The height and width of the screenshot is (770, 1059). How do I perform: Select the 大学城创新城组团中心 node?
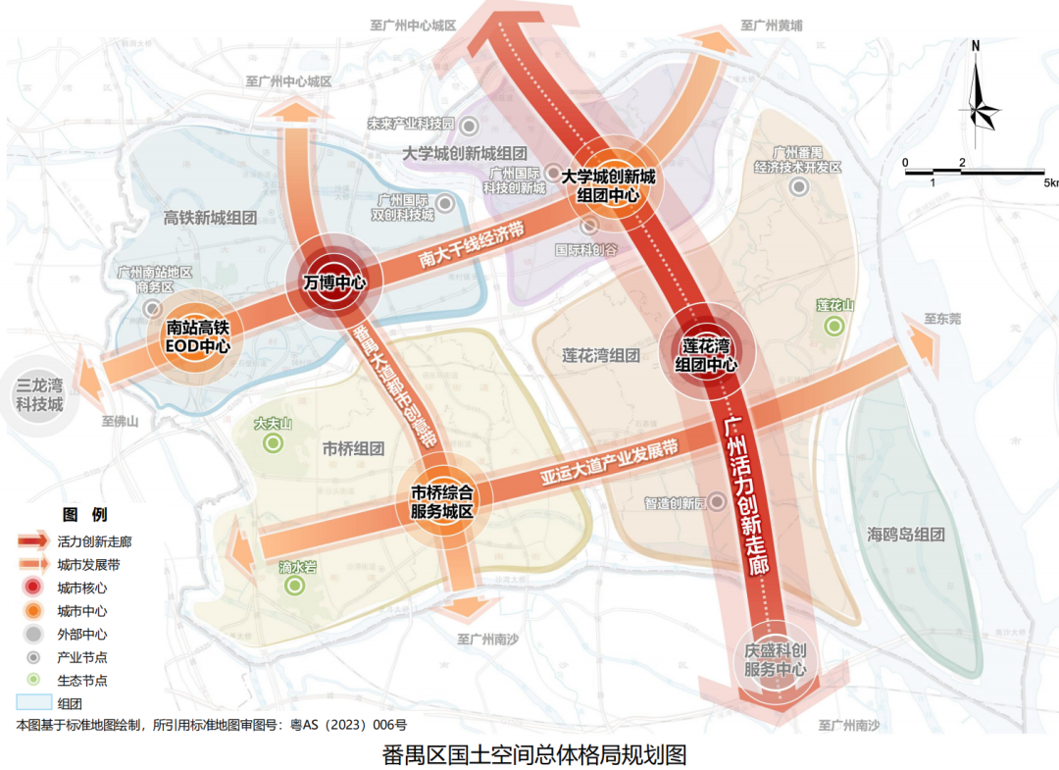608,185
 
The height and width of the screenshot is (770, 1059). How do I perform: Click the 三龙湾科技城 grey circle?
39,394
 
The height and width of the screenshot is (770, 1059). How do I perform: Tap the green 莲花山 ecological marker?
834,326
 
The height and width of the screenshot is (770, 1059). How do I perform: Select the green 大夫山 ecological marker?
274,443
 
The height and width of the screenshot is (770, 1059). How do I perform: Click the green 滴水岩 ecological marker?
295,586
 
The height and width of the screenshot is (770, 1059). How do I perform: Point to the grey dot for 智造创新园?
717,502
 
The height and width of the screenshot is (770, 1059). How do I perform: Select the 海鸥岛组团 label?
905,535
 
